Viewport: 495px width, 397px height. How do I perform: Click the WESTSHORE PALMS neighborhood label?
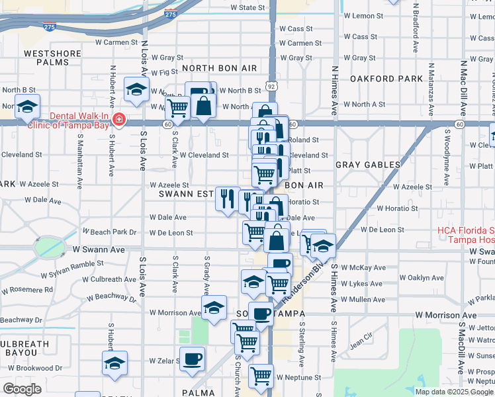coord(46,57)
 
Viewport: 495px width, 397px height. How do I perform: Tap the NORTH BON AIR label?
coord(219,68)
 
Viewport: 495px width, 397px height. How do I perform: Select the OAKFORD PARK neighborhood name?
coord(386,79)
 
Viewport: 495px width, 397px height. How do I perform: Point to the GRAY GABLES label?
coord(368,164)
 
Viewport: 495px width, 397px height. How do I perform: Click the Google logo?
coord(22,389)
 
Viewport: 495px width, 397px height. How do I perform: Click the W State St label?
coord(247,8)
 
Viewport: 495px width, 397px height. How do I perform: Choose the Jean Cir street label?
coord(361,340)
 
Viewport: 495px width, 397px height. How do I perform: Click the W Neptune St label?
coord(299,378)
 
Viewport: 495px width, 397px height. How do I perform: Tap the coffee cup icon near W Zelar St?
coord(193,359)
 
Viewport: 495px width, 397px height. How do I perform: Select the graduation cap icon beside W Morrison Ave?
coord(214,307)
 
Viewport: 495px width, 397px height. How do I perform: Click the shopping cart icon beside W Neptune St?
coord(261,376)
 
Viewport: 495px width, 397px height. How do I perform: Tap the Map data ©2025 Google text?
coord(453,391)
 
